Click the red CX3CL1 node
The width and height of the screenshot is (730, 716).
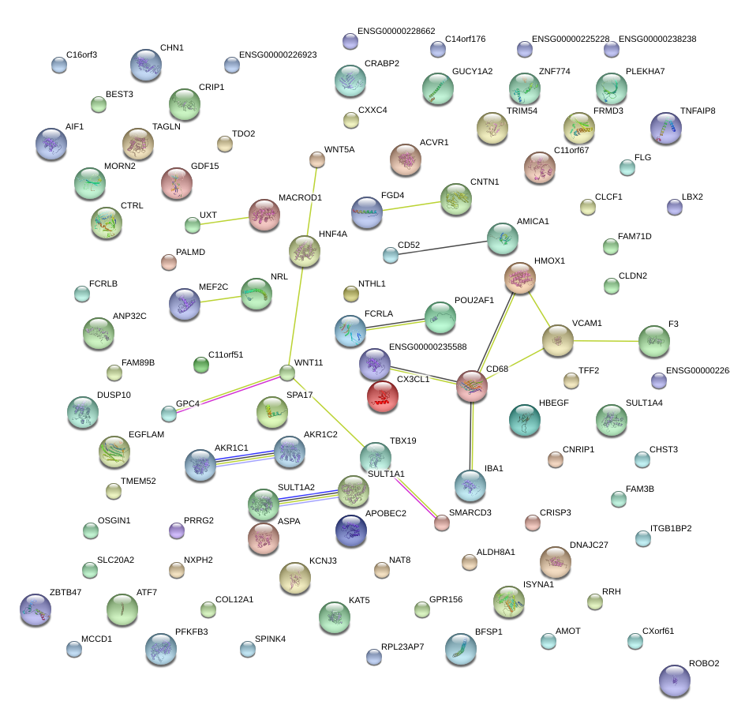click(383, 396)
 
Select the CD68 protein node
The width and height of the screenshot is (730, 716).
click(474, 387)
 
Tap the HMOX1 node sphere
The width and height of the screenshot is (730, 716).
click(520, 278)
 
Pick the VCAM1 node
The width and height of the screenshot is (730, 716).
click(558, 339)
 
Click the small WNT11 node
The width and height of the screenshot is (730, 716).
click(287, 372)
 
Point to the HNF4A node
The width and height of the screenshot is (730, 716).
click(305, 250)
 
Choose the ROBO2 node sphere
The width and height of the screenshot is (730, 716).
click(675, 680)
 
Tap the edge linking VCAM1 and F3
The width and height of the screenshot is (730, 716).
click(606, 341)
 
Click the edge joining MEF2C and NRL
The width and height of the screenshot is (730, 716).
click(221, 298)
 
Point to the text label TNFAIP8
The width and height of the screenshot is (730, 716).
click(698, 111)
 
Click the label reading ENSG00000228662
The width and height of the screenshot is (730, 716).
click(396, 31)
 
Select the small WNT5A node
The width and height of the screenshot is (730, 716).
click(316, 160)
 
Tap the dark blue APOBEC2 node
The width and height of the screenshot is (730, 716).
click(351, 531)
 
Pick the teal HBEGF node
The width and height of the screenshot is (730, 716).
click(525, 420)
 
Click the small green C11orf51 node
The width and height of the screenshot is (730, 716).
click(202, 365)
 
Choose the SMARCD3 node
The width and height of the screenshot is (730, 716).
click(442, 523)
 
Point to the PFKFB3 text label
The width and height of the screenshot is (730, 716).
click(191, 632)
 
